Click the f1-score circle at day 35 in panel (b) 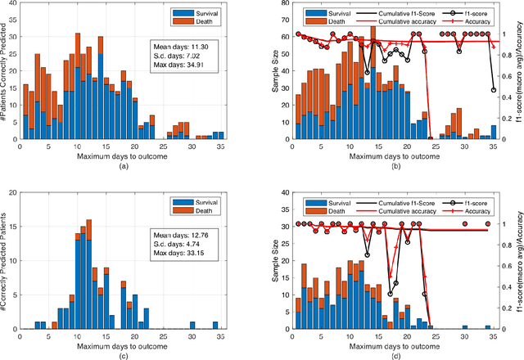pos(494,90)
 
